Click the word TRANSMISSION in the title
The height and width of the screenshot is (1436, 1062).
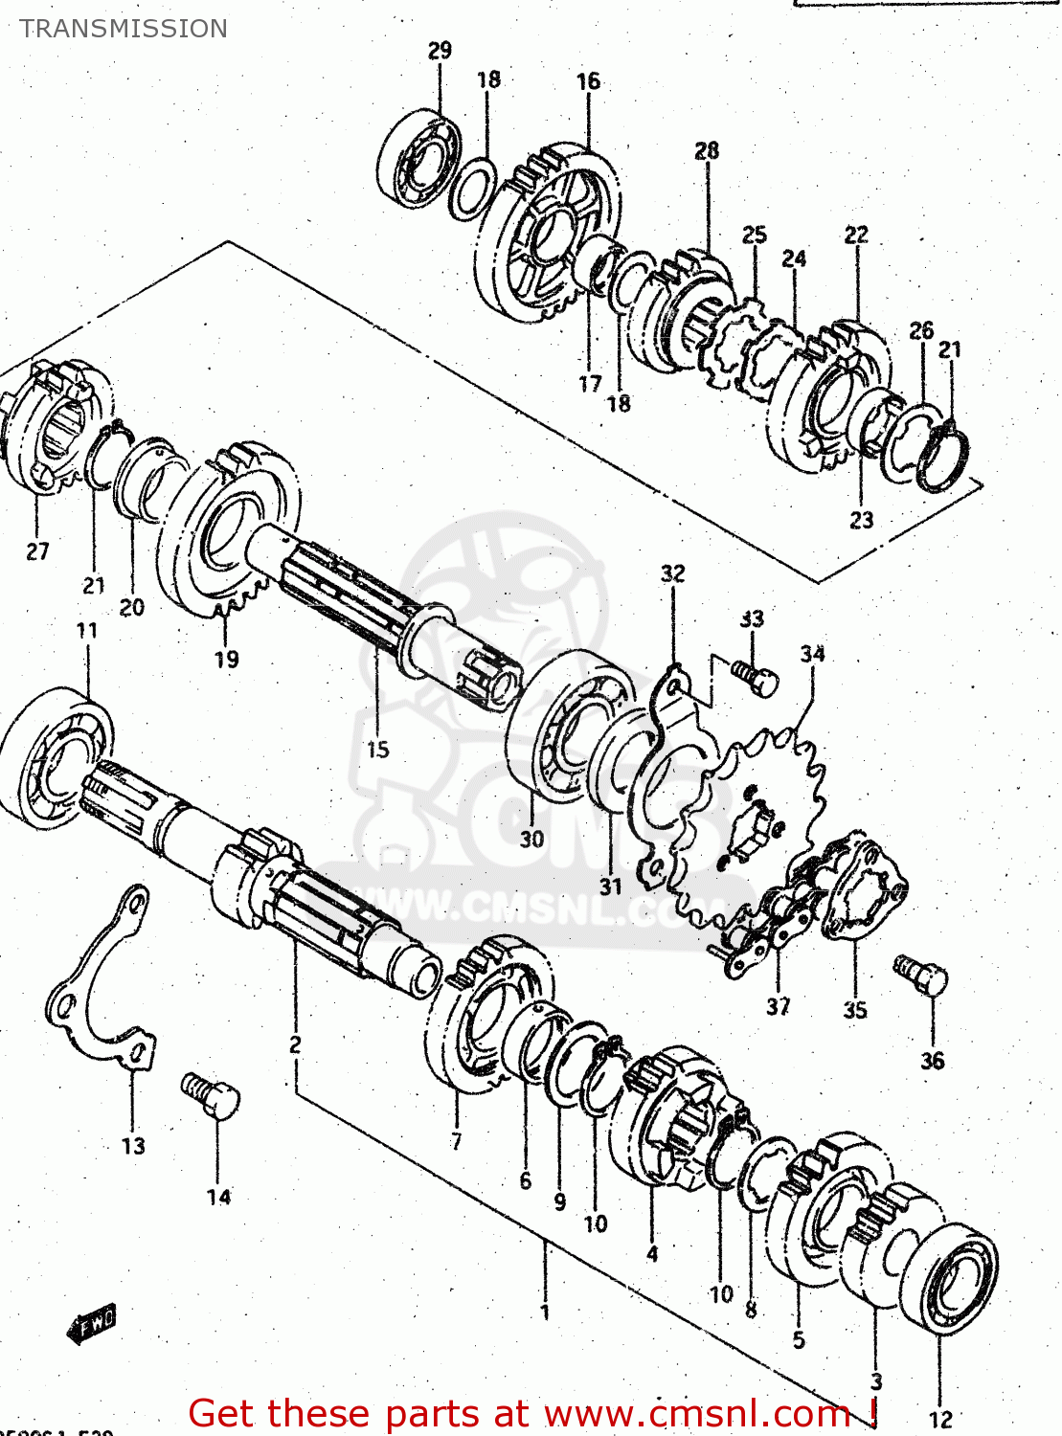pos(124,29)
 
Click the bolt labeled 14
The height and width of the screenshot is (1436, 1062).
pos(211,1095)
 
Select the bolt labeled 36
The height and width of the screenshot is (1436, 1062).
pos(921,976)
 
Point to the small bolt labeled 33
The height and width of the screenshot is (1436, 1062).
pos(756,677)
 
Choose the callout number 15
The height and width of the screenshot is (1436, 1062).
pos(378,750)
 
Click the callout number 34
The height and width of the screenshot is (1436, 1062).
pos(812,654)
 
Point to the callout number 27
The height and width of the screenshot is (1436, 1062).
pos(37,551)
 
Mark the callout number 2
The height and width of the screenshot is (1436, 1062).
pos(295,1044)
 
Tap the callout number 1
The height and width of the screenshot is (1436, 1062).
pos(545,1312)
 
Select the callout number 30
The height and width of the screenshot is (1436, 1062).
pos(531,839)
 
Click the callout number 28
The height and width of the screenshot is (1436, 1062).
pos(707,150)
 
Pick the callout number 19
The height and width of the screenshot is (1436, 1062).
pos(226,659)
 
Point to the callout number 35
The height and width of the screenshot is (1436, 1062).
pos(854,1009)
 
